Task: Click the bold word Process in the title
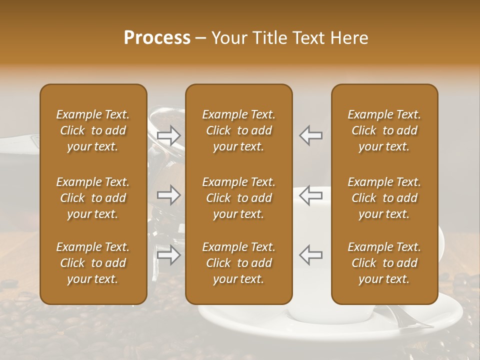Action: (157, 38)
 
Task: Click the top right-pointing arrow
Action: (168, 135)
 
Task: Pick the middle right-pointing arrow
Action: (168, 195)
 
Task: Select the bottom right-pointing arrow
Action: (168, 255)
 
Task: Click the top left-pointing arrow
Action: (311, 135)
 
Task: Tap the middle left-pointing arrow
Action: (311, 195)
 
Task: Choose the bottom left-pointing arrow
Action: (311, 255)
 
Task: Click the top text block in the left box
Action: (93, 130)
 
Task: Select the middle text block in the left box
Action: (93, 198)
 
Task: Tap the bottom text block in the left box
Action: (93, 263)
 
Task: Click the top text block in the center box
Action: (239, 130)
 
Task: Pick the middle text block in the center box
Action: (239, 198)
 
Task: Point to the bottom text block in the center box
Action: (239, 263)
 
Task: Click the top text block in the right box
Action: (384, 130)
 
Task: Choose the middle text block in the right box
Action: (384, 198)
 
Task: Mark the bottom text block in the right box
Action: (384, 263)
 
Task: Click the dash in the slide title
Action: (201, 38)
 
